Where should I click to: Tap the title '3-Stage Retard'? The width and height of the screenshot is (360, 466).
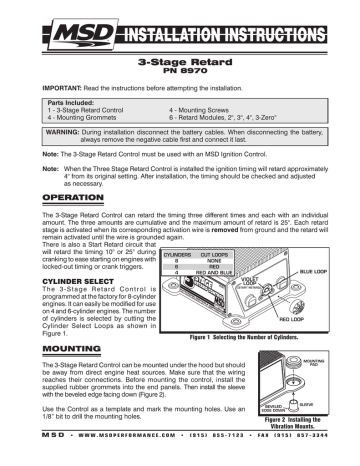tap(180, 61)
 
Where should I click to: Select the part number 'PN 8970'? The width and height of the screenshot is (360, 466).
tap(180, 72)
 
